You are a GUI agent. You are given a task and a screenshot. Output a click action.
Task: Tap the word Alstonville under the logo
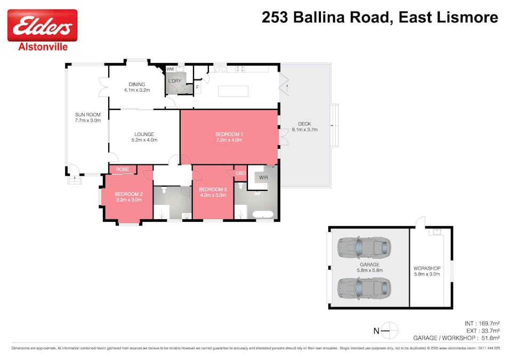[x=42, y=47]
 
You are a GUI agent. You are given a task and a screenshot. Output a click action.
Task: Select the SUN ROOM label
[x=87, y=117]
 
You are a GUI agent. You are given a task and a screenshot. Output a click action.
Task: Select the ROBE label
[x=123, y=170]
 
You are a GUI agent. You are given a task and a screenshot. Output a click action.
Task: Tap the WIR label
[x=263, y=177]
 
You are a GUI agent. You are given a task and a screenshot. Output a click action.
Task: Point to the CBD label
[x=240, y=173]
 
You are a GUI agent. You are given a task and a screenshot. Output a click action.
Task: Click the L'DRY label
[x=175, y=81]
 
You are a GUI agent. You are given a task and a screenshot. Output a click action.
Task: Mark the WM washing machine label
[x=170, y=69]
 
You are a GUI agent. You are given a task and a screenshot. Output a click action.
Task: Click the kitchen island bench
[x=233, y=91]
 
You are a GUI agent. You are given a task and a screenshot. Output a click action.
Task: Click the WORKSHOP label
[x=427, y=271]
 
